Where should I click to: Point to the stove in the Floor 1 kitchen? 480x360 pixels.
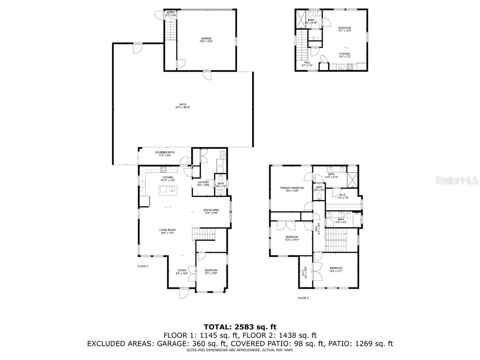point(164,168)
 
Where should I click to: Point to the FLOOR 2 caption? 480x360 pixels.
point(303,298)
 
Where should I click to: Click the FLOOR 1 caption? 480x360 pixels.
point(142,266)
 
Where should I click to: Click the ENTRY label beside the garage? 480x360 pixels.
point(170,13)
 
